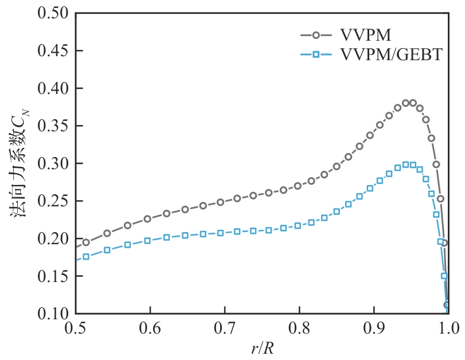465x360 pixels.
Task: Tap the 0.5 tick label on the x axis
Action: [x=76, y=328]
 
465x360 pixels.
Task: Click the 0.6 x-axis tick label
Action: [x=150, y=328]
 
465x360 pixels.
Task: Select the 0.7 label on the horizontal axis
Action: [x=225, y=328]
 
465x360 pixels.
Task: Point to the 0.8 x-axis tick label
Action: [x=299, y=328]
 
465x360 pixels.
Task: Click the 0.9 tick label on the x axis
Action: [x=374, y=328]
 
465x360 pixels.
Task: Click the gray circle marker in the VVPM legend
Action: [x=316, y=36]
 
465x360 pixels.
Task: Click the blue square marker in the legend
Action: [x=316, y=55]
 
